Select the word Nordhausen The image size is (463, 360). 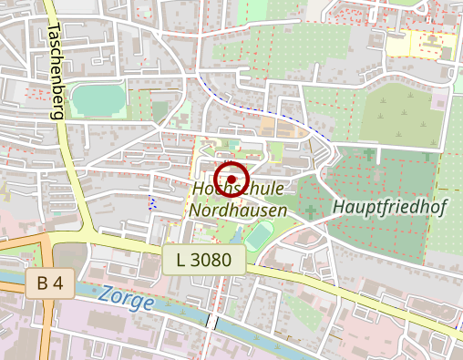coord(239,210)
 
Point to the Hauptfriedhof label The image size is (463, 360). coord(389,207)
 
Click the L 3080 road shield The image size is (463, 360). coord(205,261)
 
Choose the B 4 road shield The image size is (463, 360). coord(50,283)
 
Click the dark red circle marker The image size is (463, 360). coord(232,177)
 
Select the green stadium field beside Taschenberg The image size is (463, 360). coord(97,100)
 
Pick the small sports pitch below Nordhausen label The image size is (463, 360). coord(259,236)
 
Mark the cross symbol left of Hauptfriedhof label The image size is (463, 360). coord(313,211)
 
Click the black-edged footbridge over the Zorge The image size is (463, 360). coord(211,322)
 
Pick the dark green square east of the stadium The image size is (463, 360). coord(160,110)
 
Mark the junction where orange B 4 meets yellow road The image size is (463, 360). coord(46,239)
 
